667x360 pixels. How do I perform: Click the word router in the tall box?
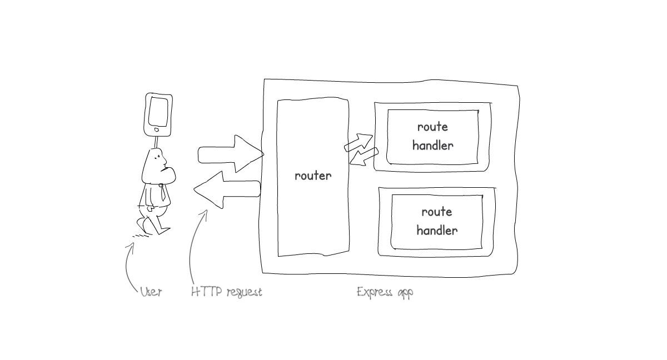[313, 176]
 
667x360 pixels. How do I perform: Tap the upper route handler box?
[432, 137]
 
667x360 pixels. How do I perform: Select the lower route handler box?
[437, 222]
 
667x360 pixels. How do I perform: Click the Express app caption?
[385, 292]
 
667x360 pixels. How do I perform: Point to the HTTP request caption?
[226, 292]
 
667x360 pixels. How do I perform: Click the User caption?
[151, 292]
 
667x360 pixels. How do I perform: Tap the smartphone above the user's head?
[158, 114]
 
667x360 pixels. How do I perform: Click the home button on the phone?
[157, 130]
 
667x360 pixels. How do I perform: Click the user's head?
[156, 166]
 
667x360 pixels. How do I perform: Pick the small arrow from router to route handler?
[359, 142]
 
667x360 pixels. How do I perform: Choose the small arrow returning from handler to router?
[364, 156]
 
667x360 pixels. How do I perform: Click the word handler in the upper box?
[432, 146]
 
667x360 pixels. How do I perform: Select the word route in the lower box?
[437, 212]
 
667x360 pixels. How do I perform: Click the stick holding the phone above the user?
[156, 142]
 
